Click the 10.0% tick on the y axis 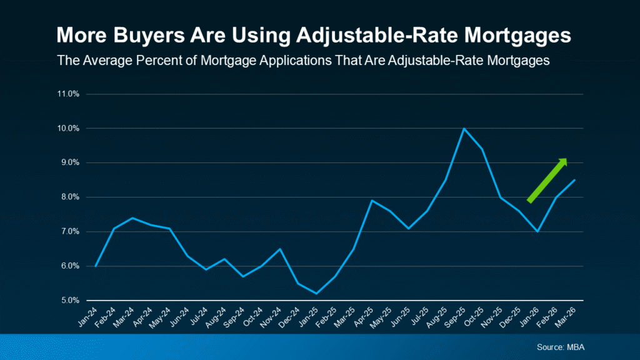point(69,129)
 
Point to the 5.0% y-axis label point(69,301)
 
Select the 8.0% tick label point(69,197)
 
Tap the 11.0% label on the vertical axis point(69,94)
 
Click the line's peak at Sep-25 point(463,128)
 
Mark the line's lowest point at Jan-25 point(316,293)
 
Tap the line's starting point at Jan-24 point(95,266)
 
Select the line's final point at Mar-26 point(574,180)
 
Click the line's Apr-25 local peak point(371,201)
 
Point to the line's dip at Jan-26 point(537,231)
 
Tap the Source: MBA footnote point(560,346)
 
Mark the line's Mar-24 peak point point(132,218)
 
